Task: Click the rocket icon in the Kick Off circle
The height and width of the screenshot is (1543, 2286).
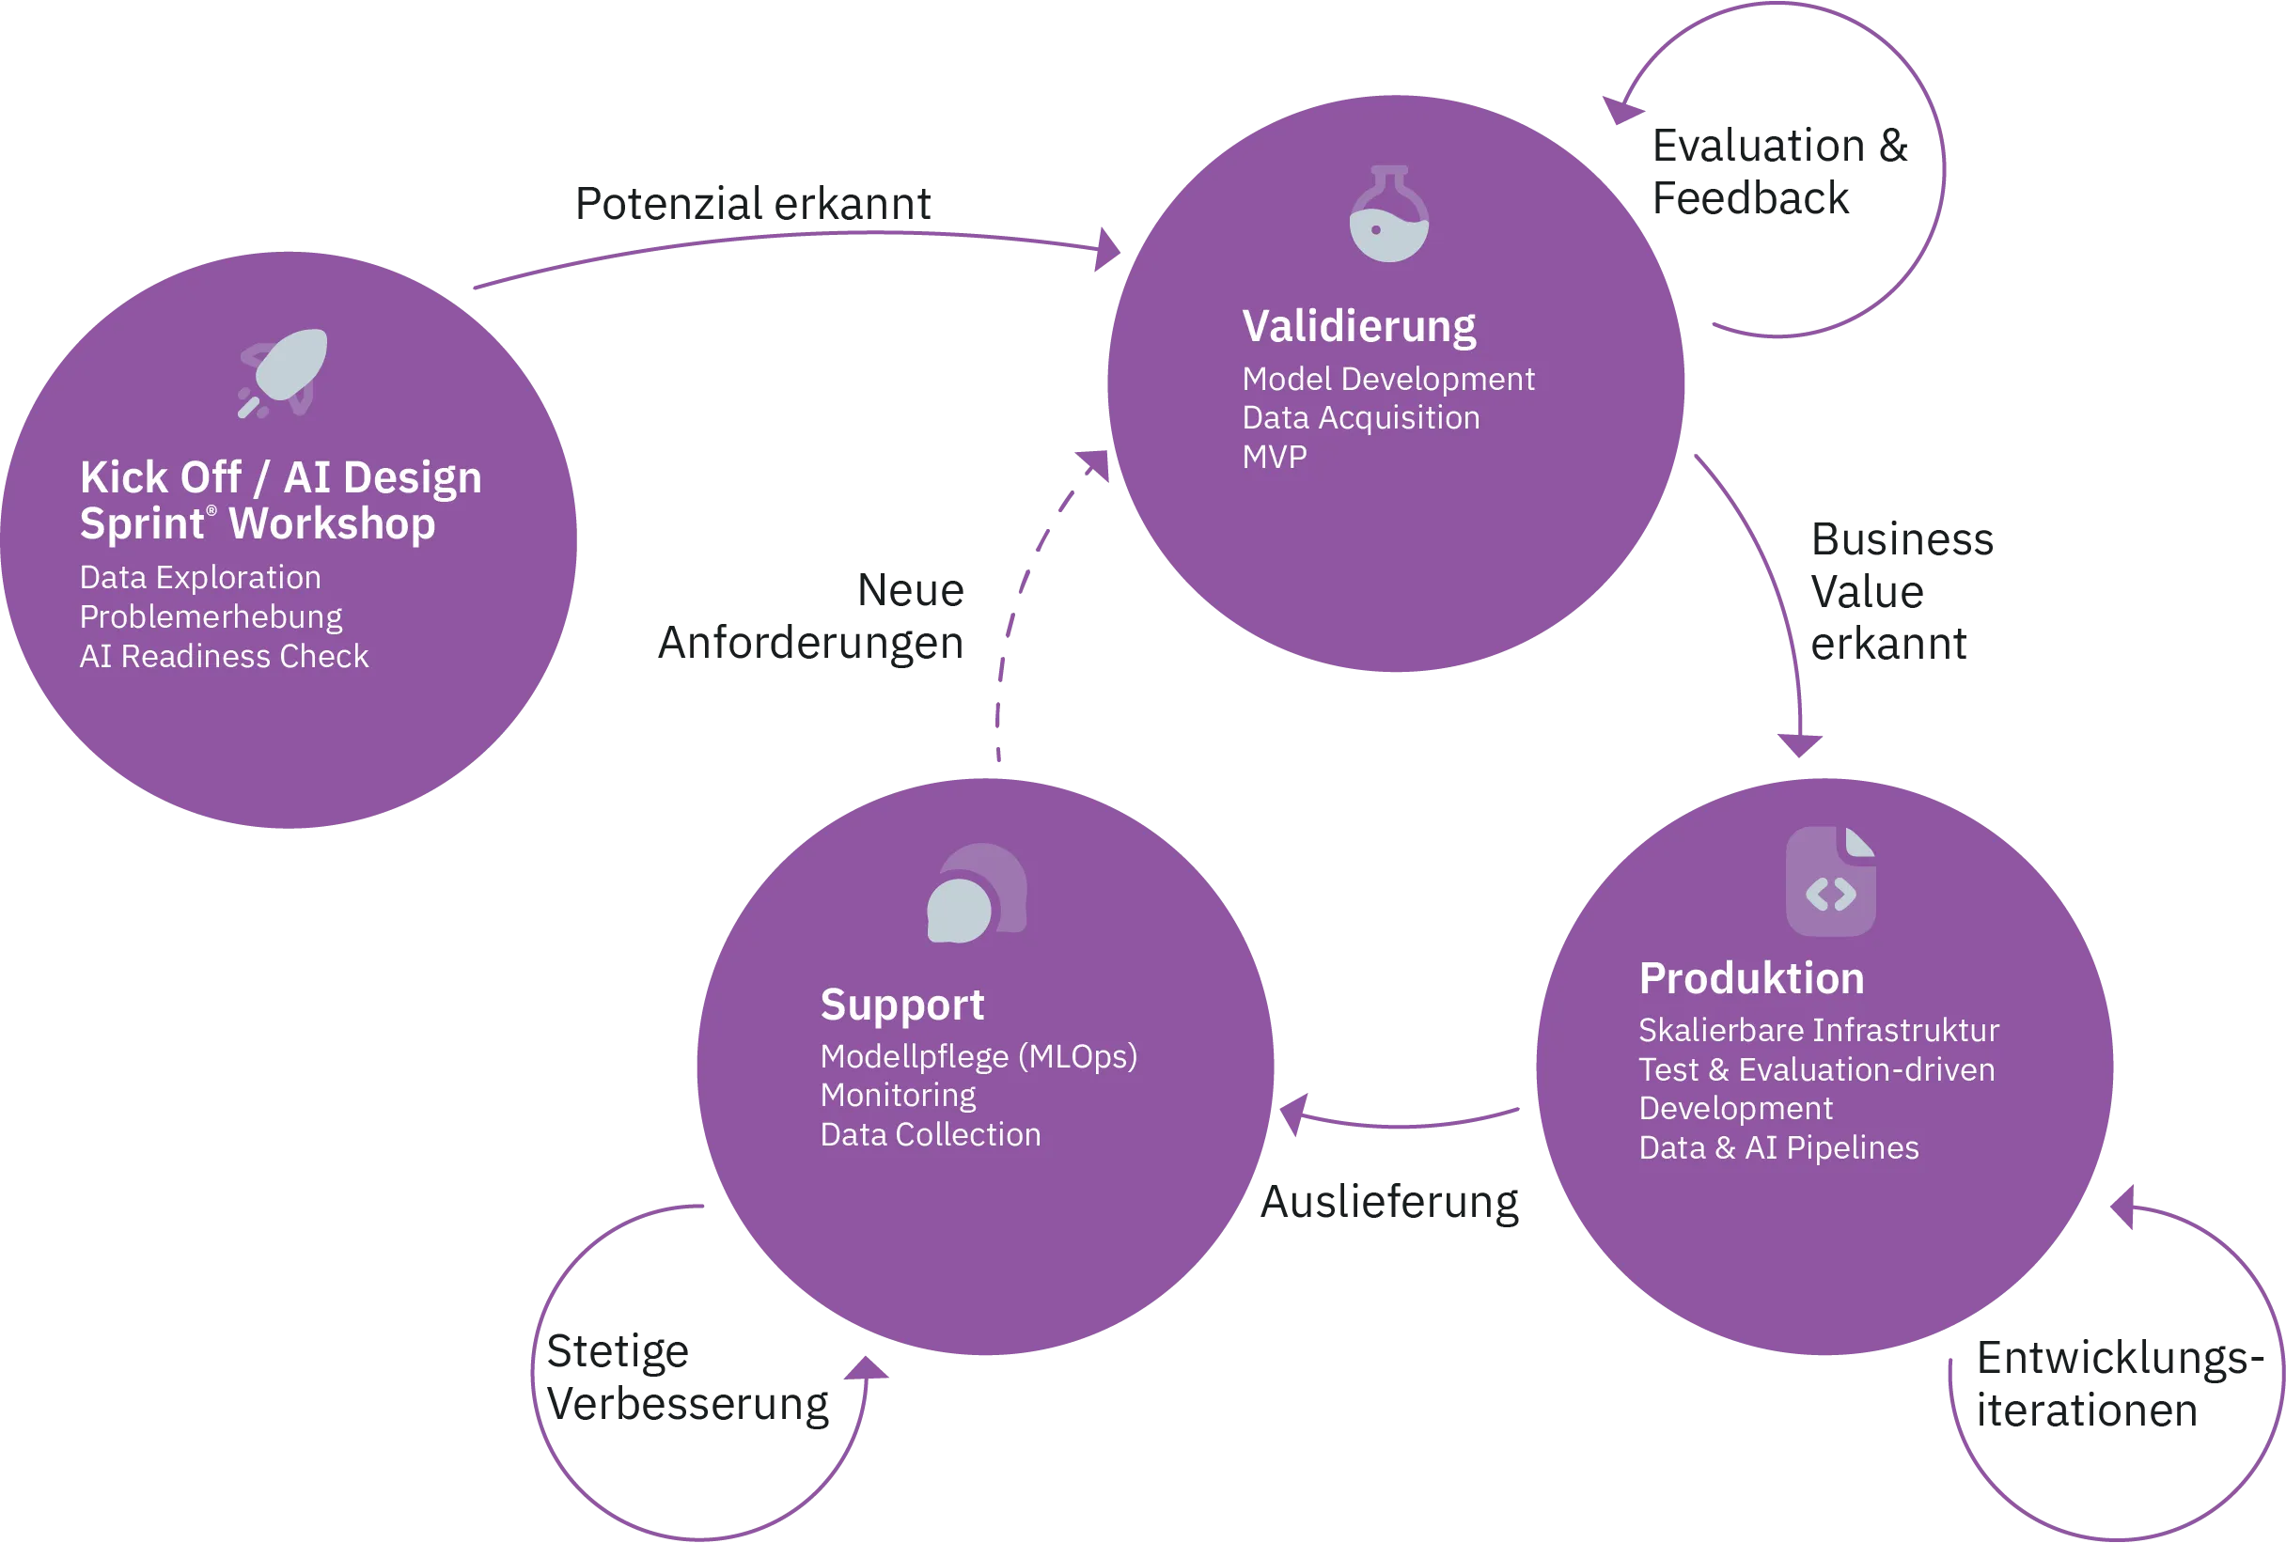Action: [x=282, y=372]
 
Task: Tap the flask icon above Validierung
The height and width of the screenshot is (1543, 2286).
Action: [x=1388, y=215]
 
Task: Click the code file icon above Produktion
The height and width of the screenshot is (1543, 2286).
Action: [x=1829, y=881]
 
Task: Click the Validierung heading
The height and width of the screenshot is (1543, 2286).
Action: [x=1358, y=326]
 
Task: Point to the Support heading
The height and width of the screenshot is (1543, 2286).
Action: [x=901, y=1005]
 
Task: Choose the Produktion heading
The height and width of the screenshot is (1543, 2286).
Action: [x=1751, y=978]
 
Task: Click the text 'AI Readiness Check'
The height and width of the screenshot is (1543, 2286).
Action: [x=224, y=656]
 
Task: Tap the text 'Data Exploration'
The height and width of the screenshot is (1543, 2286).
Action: [x=199, y=577]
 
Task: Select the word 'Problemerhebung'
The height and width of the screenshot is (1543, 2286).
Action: [x=211, y=616]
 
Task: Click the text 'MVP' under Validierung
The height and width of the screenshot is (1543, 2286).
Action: [x=1274, y=458]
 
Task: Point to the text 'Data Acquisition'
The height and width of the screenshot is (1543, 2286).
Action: [x=1360, y=418]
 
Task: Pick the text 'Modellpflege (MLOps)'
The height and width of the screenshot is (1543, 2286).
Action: [x=978, y=1056]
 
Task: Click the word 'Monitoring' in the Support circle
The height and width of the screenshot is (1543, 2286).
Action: [x=897, y=1096]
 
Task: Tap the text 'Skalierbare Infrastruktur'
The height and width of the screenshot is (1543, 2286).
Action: [x=1818, y=1030]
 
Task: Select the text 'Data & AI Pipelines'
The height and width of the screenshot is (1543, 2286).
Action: [x=1777, y=1147]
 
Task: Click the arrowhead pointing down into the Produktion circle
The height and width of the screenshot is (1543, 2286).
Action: [x=1800, y=742]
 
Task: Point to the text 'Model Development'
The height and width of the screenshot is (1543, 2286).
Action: [x=1387, y=379]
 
